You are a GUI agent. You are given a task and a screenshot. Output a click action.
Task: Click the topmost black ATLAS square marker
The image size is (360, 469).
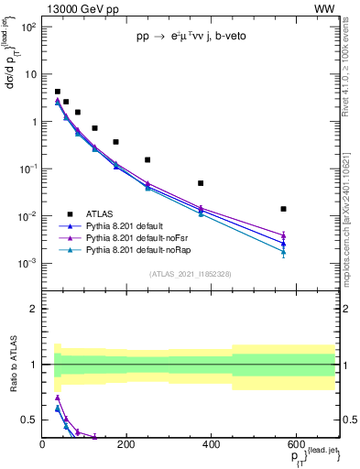[57, 92]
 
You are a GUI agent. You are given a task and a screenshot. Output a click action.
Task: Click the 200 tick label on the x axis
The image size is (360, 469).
[126, 444]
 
